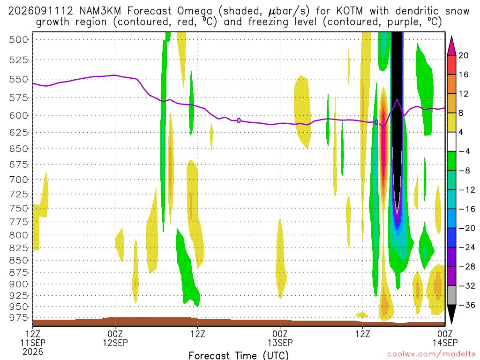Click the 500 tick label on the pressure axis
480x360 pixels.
pos(19,40)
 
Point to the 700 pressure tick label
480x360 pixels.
pos(19,180)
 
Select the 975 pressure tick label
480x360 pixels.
pos(19,318)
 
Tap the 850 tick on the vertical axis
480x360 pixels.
pos(19,261)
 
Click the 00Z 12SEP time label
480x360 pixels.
pos(115,338)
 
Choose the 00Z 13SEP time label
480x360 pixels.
pos(280,338)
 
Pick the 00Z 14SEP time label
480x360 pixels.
pos(445,338)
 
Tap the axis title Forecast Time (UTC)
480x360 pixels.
pos(239,355)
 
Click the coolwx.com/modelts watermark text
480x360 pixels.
pos(431,354)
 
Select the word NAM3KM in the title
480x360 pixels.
pos(100,11)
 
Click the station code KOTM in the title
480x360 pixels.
pos(349,11)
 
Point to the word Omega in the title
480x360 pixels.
pos(195,12)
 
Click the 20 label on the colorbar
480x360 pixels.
pos(463,55)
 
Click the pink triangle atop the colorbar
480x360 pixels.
pos(451,46)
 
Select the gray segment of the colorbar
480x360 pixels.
pos(451,295)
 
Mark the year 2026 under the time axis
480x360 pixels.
pos(33,352)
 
